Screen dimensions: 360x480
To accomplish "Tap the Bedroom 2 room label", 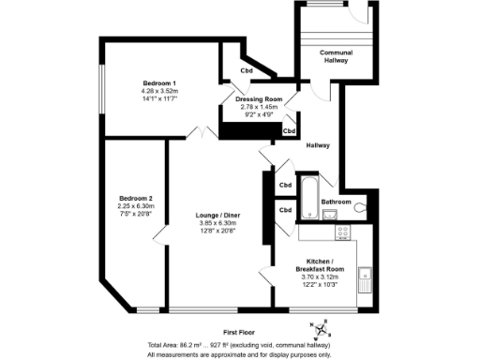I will point(135,198).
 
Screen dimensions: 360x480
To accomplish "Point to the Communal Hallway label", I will point(335,56).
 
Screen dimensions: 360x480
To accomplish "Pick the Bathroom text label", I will point(336,202).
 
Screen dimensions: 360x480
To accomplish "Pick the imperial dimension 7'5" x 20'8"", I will point(135,215).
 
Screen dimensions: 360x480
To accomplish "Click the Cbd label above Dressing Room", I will point(246,71).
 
